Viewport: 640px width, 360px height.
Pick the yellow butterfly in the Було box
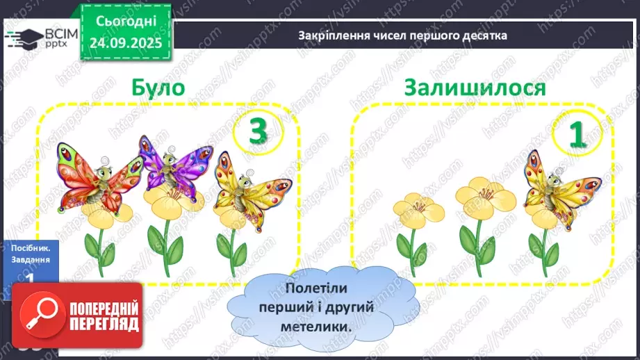(242, 189)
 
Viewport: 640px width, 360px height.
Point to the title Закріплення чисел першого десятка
(402, 35)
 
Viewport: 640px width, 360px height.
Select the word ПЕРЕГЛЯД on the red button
(104, 324)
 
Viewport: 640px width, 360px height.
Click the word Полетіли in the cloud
(315, 287)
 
